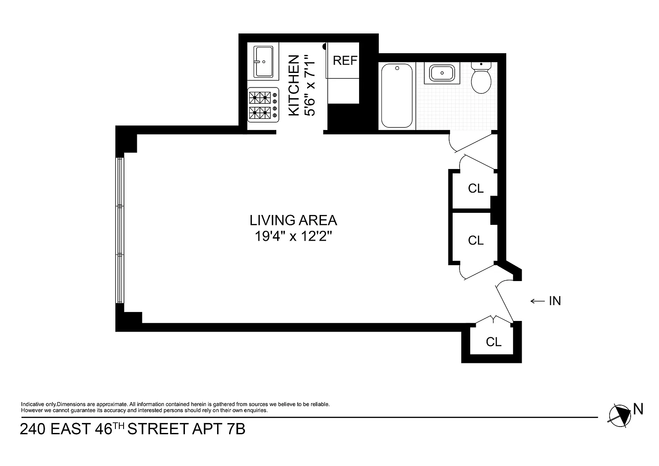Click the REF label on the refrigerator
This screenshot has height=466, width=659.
point(345,61)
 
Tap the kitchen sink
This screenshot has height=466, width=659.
point(263,61)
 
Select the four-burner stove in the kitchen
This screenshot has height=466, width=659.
point(263,105)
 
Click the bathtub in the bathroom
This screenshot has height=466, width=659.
point(397,96)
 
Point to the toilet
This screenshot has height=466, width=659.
point(481,78)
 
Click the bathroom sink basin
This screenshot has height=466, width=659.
point(442,73)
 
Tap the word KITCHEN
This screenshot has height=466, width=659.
point(293,85)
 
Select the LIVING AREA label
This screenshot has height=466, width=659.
point(293,221)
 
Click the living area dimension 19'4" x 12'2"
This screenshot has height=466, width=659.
point(293,236)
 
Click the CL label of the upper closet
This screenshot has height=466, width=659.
point(476,188)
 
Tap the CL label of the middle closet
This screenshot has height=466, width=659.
point(476,240)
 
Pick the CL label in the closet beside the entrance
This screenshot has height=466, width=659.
point(494,342)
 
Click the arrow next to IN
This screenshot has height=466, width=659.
point(538,301)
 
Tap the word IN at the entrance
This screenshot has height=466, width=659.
point(555,301)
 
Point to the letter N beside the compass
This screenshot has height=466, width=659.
point(638,409)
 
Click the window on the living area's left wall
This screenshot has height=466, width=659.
point(119,230)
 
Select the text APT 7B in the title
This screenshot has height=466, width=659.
point(218,429)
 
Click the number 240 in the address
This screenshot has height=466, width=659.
point(33,429)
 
